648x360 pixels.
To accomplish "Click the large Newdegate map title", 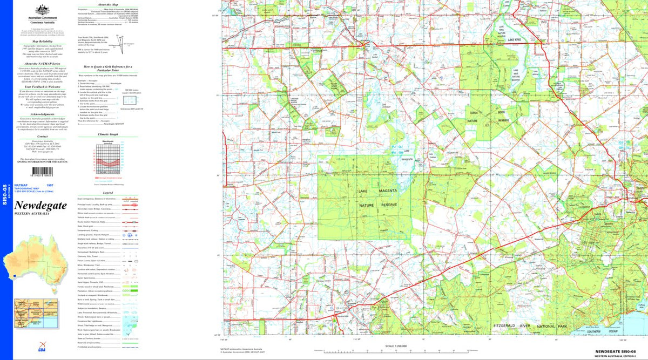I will click(40, 206).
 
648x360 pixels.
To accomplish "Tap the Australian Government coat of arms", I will click(42, 10).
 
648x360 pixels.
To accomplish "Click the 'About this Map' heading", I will click(108, 4).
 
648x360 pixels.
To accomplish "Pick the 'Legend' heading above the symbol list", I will click(108, 193).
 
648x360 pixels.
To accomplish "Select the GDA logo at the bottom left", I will click(27, 349).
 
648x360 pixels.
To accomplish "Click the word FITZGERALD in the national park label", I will click(507, 327).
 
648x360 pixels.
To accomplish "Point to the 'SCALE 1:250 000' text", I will click(396, 346).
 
